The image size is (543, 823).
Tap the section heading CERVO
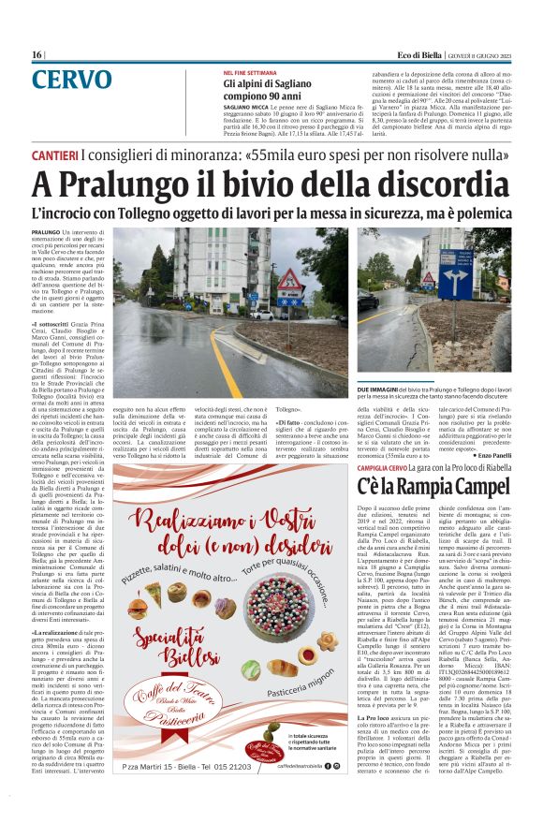pyautogui.click(x=83, y=80)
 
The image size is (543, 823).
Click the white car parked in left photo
pyautogui.click(x=262, y=314)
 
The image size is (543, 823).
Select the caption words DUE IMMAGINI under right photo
pyautogui.click(x=381, y=387)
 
